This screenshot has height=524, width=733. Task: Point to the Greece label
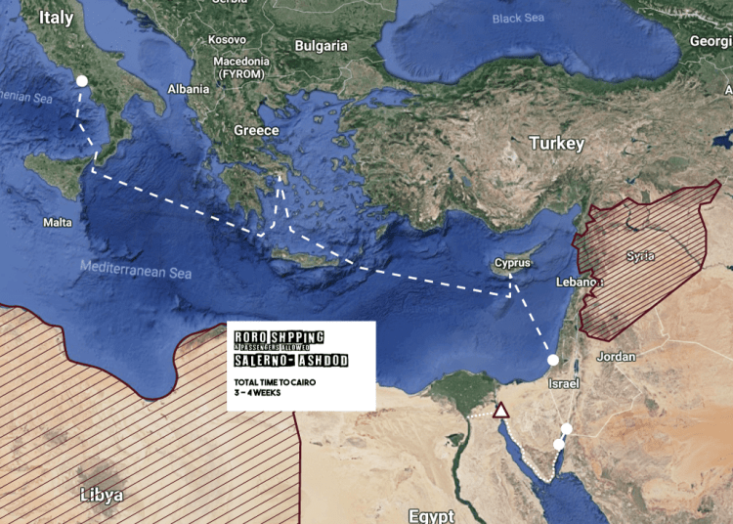tap(256, 131)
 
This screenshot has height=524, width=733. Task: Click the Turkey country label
tap(556, 144)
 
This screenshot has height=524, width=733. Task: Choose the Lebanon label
tap(575, 282)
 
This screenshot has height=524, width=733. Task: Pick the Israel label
tap(564, 383)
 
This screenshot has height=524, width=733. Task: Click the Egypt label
tap(433, 515)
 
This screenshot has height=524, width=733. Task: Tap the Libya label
tap(102, 496)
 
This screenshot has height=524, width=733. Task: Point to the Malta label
tap(57, 223)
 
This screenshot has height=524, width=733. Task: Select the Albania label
tap(189, 89)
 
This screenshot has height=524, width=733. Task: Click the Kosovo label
tap(227, 40)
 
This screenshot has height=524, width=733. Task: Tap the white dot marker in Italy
tap(83, 81)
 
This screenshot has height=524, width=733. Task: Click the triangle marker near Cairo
tap(501, 410)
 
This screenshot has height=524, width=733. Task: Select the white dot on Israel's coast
tap(553, 361)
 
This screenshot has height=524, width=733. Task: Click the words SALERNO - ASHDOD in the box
tap(291, 361)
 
